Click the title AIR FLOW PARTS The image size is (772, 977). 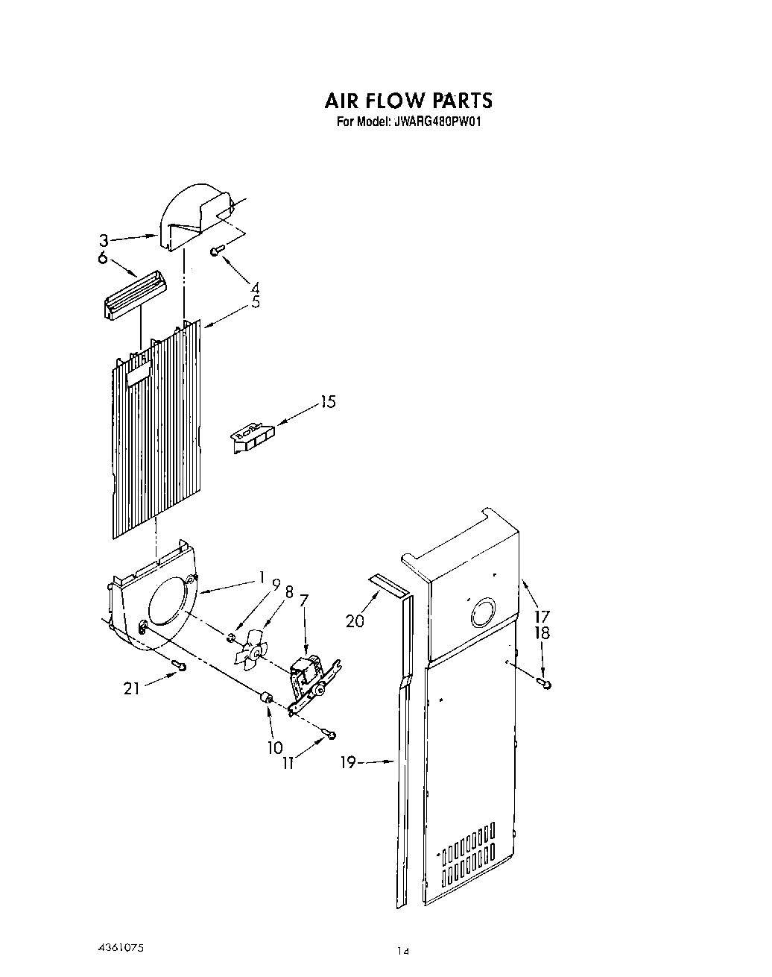pos(408,101)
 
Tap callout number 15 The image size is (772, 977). pos(328,402)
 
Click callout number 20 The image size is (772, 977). pos(355,620)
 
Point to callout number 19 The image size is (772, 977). pos(348,761)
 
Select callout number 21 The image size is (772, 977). pos(131,688)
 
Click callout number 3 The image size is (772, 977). pos(104,240)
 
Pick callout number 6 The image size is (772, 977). pos(103,258)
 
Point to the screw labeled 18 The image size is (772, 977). pos(546,683)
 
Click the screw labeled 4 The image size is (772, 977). pos(215,252)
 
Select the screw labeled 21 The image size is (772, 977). pos(179,665)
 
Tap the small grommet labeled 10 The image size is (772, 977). pos(265,699)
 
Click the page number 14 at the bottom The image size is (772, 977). pos(403,950)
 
